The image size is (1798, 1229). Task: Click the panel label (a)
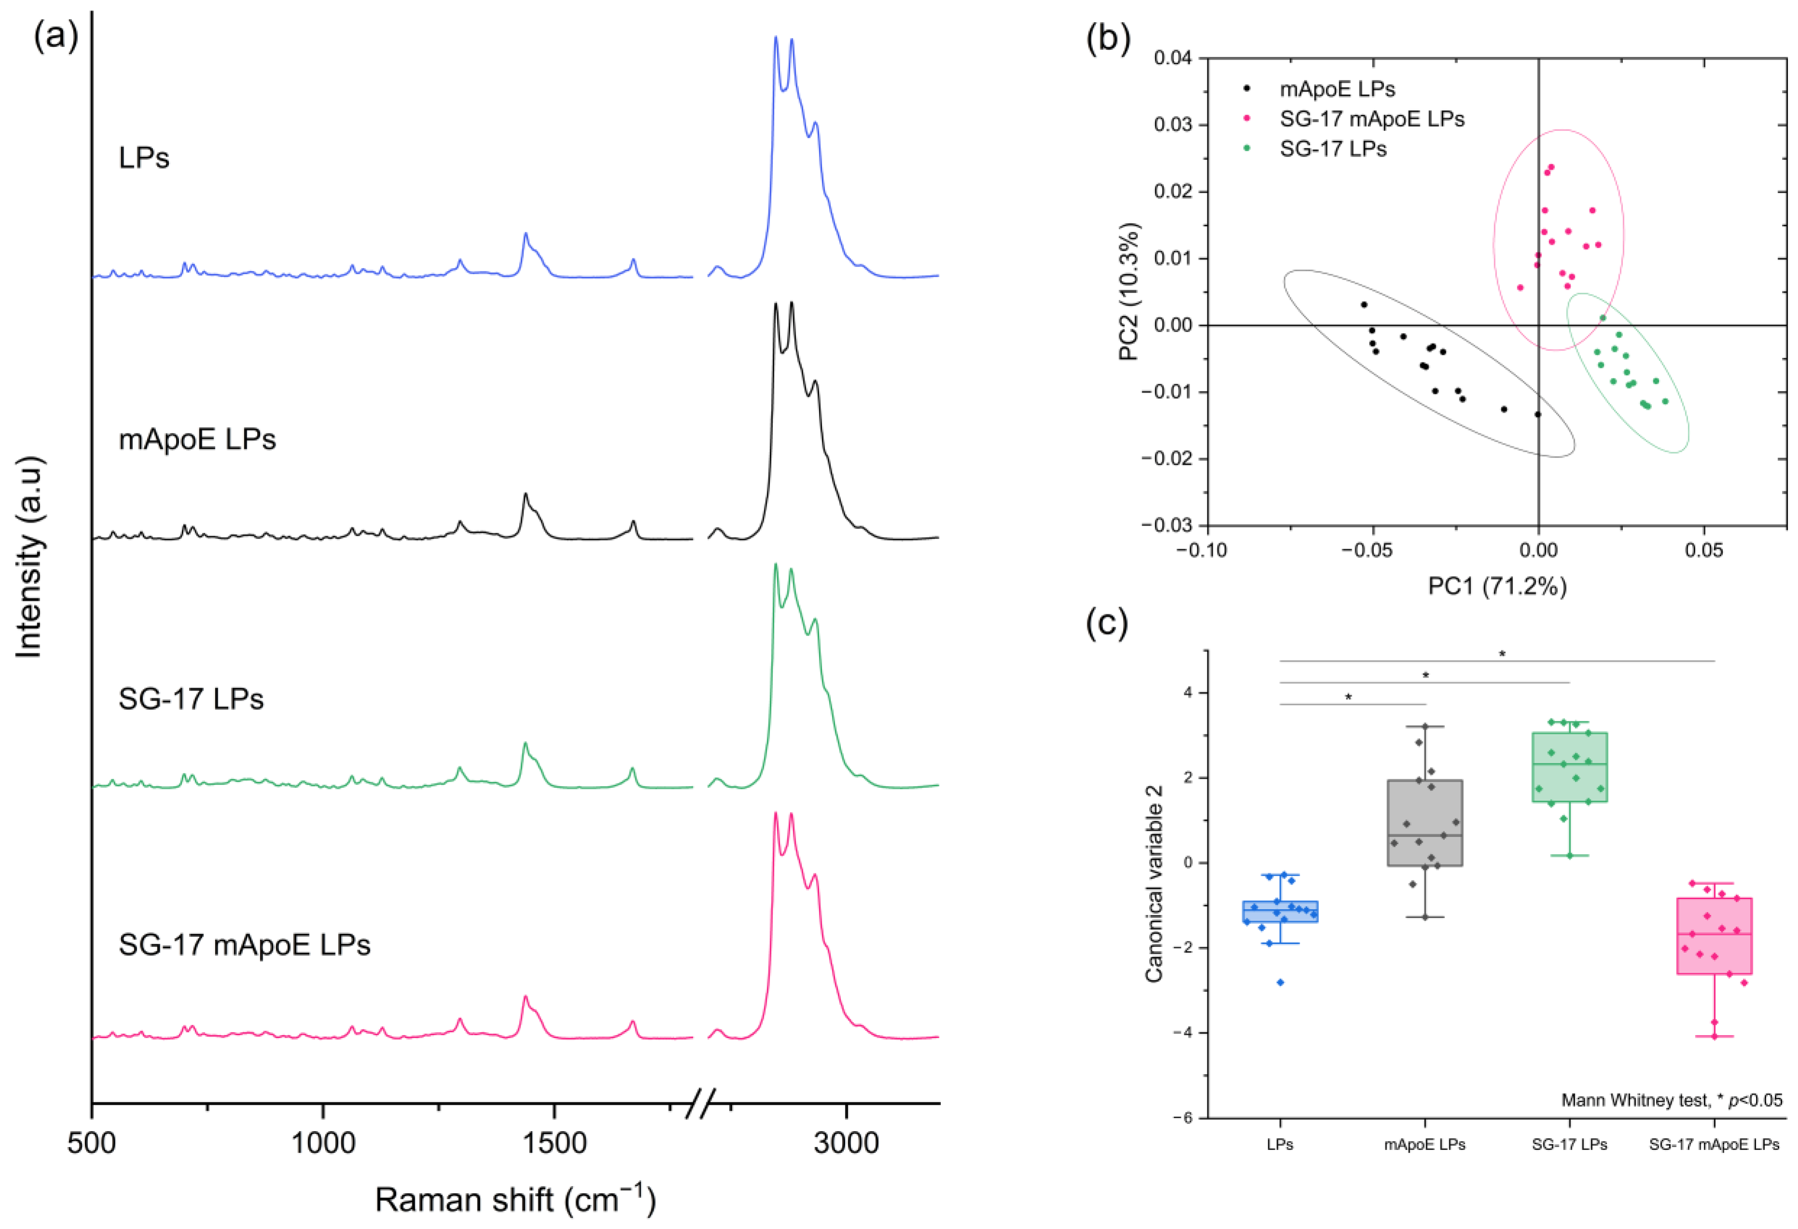pos(55,37)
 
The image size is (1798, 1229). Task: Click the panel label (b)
pos(1108,37)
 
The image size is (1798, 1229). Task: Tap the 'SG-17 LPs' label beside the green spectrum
pos(191,699)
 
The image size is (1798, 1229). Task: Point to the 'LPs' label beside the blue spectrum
pos(144,158)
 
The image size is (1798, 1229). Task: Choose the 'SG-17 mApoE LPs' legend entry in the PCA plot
pos(1372,118)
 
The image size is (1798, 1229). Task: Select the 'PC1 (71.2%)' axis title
pos(1496,586)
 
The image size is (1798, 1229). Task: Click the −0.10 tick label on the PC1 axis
pos(1206,551)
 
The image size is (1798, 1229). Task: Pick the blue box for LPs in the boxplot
pos(1280,911)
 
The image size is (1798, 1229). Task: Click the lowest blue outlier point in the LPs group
pos(1280,982)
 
